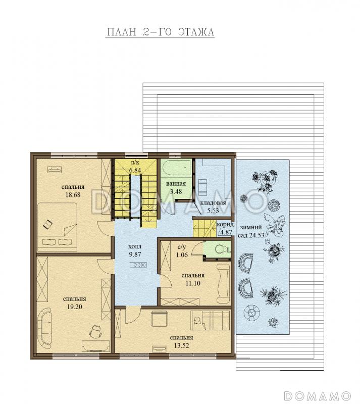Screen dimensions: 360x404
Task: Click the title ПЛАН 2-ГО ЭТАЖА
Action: pyautogui.click(x=160, y=32)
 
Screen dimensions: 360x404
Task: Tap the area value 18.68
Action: pyautogui.click(x=73, y=195)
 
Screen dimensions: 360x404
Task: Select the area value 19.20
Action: pyautogui.click(x=74, y=307)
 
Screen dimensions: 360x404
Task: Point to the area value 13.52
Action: pyautogui.click(x=181, y=345)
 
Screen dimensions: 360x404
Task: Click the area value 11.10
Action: pyautogui.click(x=193, y=283)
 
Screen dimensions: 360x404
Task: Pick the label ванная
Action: pyautogui.click(x=176, y=184)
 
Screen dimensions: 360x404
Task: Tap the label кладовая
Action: pyautogui.click(x=213, y=203)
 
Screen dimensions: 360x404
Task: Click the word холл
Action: pyautogui.click(x=135, y=246)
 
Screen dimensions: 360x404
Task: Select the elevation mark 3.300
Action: pyautogui.click(x=139, y=265)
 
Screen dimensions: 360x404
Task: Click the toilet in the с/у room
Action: pyautogui.click(x=221, y=249)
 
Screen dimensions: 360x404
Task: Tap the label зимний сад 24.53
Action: pyautogui.click(x=252, y=231)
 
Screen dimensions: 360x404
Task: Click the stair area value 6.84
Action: pyautogui.click(x=135, y=170)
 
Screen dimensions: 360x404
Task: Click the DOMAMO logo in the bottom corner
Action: pyautogui.click(x=318, y=395)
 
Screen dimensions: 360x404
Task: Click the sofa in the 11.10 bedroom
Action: pyautogui.click(x=223, y=283)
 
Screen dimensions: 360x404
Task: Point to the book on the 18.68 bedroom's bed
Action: pyautogui.click(x=47, y=224)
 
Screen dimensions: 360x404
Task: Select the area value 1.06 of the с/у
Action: pyautogui.click(x=182, y=255)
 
